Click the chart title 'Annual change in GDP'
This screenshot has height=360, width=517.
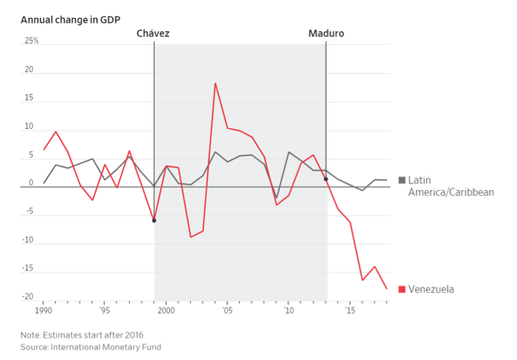[68, 18]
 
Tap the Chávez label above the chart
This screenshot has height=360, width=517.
[154, 33]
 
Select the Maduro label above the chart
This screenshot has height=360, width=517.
[326, 33]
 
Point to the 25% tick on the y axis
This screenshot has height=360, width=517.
[31, 41]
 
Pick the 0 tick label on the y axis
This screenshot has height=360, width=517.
[30, 183]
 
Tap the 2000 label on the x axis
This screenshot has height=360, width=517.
[166, 311]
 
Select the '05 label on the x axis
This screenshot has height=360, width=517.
[227, 311]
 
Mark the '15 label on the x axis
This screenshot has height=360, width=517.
[350, 311]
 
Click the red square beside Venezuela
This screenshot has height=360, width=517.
[402, 289]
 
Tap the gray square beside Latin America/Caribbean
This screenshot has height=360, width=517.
[402, 180]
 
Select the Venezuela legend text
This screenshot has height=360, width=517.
[432, 289]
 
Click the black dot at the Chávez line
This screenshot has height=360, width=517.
[154, 220]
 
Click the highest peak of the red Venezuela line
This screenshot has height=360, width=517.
[216, 83]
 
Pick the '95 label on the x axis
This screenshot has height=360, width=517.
[105, 311]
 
